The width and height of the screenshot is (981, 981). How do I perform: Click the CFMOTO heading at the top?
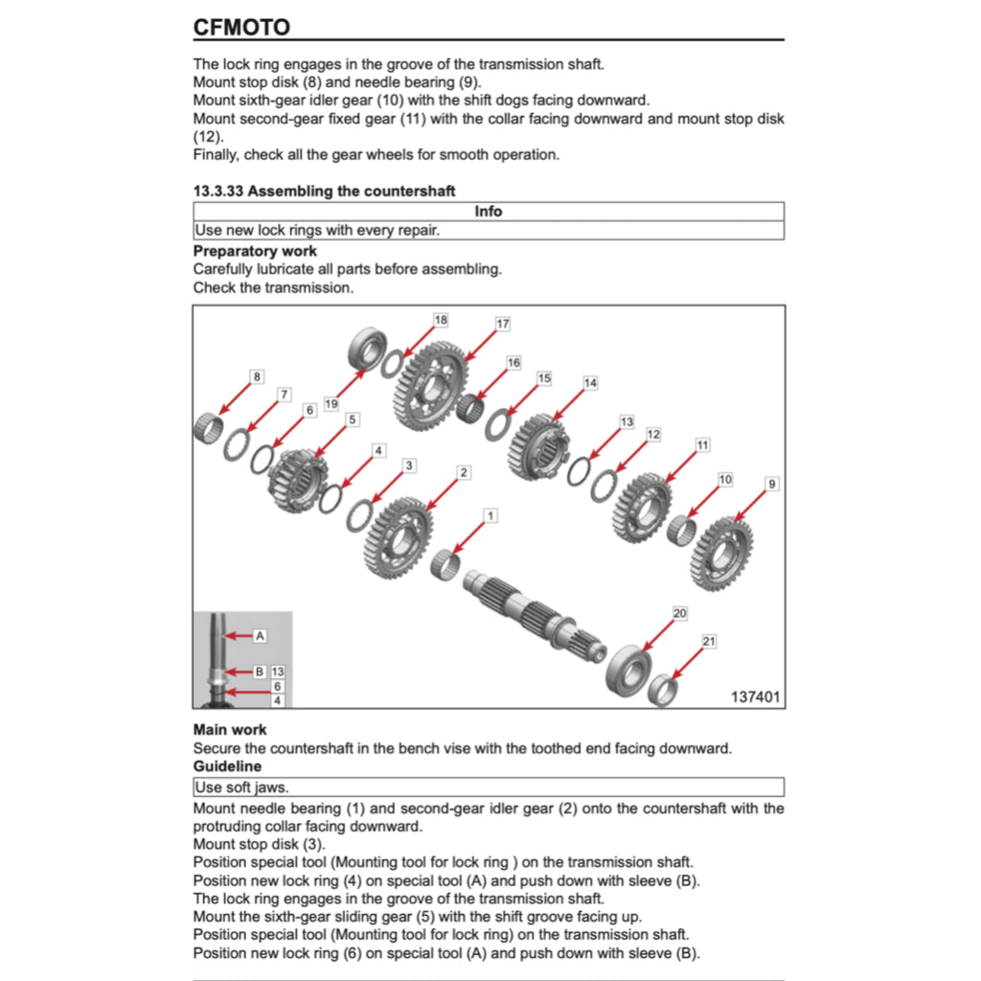pos(241,27)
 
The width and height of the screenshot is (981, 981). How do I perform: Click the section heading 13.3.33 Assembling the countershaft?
pos(324,191)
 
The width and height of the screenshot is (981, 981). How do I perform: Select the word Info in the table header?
pos(488,211)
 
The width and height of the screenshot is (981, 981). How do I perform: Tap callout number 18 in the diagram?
pos(441,320)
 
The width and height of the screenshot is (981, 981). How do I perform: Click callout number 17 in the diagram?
pos(503,324)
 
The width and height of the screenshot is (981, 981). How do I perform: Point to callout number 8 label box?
pos(257,376)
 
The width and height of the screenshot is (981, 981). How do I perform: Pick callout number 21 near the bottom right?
pos(709,641)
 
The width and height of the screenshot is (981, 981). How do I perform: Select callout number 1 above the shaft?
pos(490,516)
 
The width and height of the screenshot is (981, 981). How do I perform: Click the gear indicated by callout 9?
pos(721,553)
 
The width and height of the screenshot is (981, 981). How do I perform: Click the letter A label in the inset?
pos(260,635)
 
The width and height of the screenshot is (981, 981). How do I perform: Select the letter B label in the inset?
pos(259,672)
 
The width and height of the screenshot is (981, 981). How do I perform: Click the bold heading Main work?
pos(230,730)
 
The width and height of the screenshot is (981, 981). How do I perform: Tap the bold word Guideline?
pos(227,766)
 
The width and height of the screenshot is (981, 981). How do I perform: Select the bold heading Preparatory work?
pos(255,251)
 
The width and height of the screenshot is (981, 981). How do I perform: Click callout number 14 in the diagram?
pos(590,383)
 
